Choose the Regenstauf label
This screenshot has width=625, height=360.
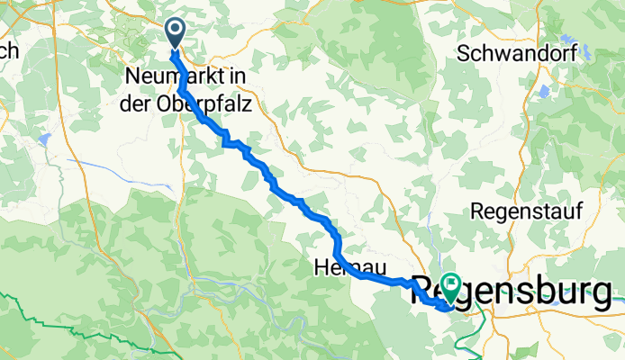point(527,211)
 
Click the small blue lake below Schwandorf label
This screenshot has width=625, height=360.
point(544,91)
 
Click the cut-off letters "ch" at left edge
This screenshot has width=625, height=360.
point(9,52)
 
